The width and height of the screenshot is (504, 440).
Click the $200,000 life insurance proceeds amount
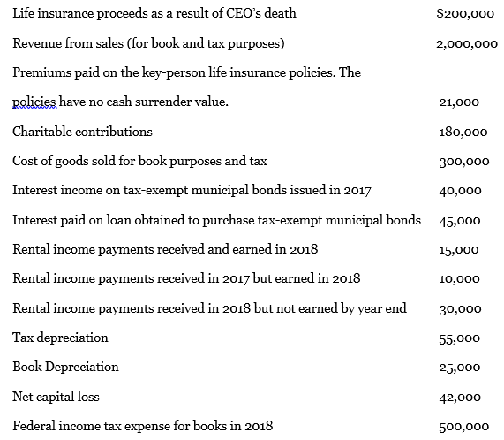coord(465,14)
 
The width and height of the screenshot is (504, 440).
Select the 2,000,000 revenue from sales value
coord(467,44)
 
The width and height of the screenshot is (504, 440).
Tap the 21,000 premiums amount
coord(458,102)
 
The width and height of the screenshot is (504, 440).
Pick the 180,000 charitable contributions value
coord(463,132)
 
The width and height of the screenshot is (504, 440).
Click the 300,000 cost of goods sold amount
coord(463,162)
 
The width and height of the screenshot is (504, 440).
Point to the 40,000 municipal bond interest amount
coord(459,191)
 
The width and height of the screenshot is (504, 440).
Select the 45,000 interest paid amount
coord(459,220)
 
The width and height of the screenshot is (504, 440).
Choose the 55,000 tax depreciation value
coord(459,338)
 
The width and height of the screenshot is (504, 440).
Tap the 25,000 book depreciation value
coord(459,367)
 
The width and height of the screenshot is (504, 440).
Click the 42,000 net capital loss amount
coord(459,397)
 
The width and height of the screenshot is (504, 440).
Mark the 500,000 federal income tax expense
coord(463,426)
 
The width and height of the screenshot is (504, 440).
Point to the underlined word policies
coord(33,102)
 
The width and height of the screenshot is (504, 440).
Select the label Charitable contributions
coord(82,132)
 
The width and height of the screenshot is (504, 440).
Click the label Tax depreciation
coord(61,338)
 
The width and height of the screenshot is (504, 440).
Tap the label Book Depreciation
coord(65,367)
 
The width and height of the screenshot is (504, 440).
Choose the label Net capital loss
coord(58,397)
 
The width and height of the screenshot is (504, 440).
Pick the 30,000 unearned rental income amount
coord(459,308)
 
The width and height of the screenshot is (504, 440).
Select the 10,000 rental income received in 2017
coord(459,279)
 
